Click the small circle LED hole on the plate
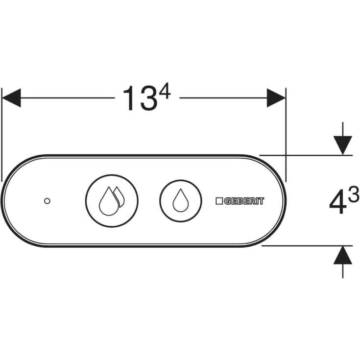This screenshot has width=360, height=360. pyautogui.click(x=47, y=201)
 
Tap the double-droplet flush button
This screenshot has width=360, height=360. pyautogui.click(x=112, y=201)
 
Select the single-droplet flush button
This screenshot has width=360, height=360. pyautogui.click(x=181, y=201)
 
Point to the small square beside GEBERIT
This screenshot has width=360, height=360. pyautogui.click(x=219, y=201)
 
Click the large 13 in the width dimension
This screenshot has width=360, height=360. pyautogui.click(x=141, y=98)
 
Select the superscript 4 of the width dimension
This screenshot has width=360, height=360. pyautogui.click(x=166, y=91)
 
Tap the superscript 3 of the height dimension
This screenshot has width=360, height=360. pyautogui.click(x=354, y=194)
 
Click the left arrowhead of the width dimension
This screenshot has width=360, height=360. pyautogui.click(x=11, y=98)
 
